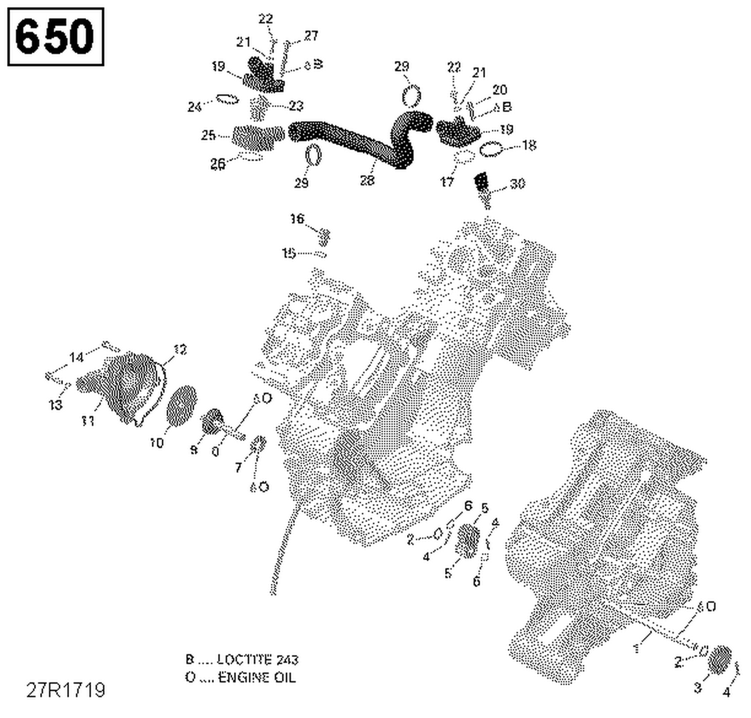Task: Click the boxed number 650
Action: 55,37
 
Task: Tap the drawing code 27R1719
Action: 66,690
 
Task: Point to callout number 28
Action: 367,180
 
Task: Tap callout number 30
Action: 517,184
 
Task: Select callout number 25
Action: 208,135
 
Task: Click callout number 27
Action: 311,36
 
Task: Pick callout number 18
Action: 529,145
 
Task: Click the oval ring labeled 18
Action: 491,149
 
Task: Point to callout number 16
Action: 297,219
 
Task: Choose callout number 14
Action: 76,357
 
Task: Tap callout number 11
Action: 88,421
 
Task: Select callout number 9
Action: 194,450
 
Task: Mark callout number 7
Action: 238,468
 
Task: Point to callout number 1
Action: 637,649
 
